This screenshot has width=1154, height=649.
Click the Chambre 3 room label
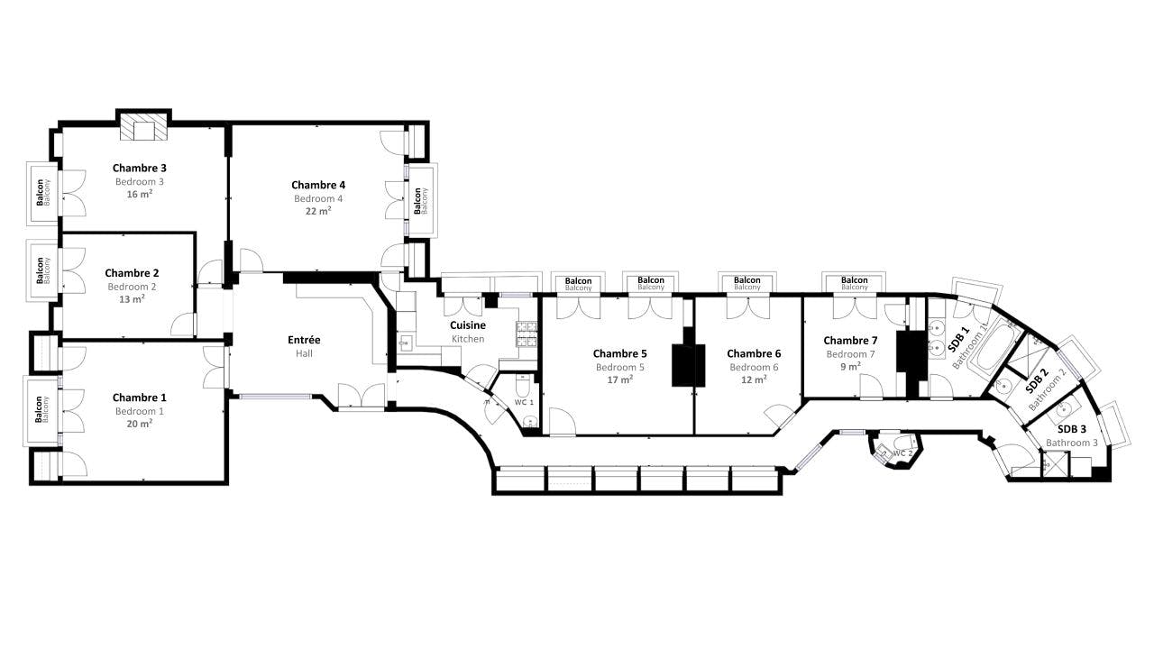[x=139, y=168]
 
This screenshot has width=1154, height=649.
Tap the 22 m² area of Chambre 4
[x=318, y=211]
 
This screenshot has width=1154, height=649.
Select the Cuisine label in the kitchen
[x=468, y=325]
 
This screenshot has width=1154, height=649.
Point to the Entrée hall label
[x=304, y=340]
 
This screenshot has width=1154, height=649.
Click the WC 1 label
[x=524, y=402]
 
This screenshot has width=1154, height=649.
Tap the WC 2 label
[x=902, y=453]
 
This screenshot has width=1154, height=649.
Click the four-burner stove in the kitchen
[x=527, y=334]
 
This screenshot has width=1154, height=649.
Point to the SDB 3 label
[x=1072, y=429]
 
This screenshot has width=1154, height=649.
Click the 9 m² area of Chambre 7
[x=850, y=367]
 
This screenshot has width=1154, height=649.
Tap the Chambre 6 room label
[x=754, y=353]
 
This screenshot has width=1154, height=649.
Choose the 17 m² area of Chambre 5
[x=619, y=379]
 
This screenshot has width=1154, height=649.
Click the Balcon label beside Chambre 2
[x=40, y=271]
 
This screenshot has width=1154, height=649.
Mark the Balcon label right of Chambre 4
[x=417, y=201]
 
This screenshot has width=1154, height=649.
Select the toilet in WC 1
[x=522, y=385]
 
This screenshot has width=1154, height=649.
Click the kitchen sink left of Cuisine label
[x=406, y=343]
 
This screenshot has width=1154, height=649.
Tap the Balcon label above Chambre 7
[x=854, y=280]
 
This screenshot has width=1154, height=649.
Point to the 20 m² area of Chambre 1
[x=139, y=424]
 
